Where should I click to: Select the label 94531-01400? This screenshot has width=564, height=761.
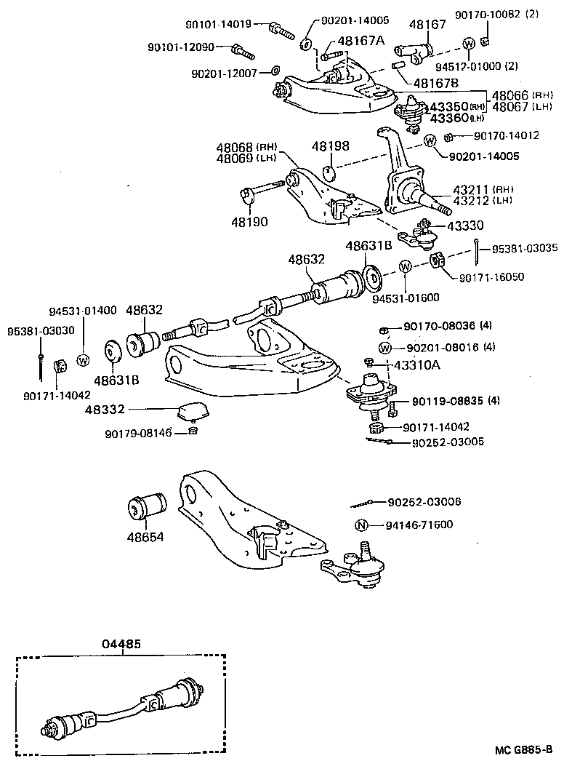tap(82, 311)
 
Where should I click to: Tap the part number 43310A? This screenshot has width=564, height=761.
tap(416, 364)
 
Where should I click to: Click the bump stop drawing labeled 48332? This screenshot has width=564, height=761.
tap(193, 412)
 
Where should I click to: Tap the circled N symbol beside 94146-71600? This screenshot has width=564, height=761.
tap(361, 525)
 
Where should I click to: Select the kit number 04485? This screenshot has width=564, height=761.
tap(121, 644)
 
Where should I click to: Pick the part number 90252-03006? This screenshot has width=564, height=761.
tap(424, 502)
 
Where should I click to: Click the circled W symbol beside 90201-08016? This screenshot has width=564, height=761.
tap(385, 347)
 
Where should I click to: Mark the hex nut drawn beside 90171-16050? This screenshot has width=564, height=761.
tap(438, 260)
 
